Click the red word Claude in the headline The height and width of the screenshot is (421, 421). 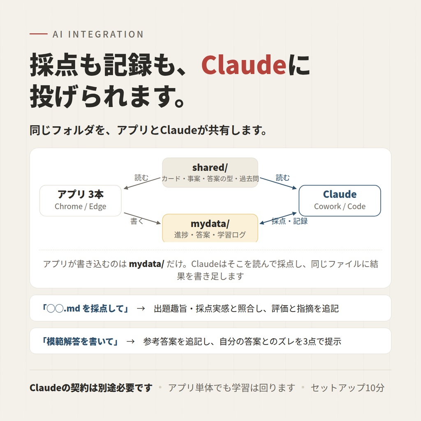(243, 65)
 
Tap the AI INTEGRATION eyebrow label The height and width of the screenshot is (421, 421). (98, 35)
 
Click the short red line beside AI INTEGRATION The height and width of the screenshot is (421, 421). (38, 34)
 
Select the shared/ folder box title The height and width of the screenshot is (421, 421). (210, 168)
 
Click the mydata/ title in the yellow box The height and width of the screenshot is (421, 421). (210, 224)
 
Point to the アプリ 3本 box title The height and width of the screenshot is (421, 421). (81, 194)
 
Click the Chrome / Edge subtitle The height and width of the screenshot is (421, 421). (81, 206)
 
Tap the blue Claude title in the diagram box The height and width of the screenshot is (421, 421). (340, 194)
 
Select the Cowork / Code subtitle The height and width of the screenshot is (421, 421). (340, 206)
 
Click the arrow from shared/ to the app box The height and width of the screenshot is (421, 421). (142, 183)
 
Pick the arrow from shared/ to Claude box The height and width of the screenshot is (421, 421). (278, 183)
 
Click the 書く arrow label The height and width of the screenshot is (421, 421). (136, 221)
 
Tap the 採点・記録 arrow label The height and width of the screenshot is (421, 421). (289, 221)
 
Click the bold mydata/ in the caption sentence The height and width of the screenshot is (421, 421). (146, 264)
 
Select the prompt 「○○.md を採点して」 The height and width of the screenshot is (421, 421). (86, 308)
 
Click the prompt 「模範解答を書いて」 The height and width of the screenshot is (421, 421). (80, 341)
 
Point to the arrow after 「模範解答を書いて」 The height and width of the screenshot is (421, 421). (130, 342)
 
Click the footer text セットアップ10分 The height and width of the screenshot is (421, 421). (347, 388)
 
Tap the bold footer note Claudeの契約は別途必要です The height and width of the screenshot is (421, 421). (91, 388)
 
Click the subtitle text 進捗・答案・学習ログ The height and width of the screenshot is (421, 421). (210, 235)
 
